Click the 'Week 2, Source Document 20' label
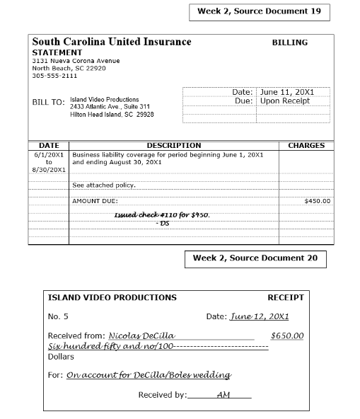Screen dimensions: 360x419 pos(255,258)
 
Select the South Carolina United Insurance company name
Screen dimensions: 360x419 pos(112,42)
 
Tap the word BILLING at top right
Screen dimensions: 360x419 pos(290,42)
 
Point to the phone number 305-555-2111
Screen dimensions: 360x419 pos(54,76)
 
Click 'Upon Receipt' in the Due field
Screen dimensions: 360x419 pos(285,101)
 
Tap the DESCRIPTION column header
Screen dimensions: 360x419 pos(173,146)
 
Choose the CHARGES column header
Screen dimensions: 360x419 pos(306,146)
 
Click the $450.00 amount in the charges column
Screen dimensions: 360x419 pos(317,201)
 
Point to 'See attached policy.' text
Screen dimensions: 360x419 pos(104,185)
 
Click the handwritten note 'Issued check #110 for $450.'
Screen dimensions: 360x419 pos(163,214)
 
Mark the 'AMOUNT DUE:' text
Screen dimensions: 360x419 pos(95,201)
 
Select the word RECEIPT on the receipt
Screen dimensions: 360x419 pos(285,297)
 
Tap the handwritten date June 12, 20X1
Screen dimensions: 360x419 pos(259,316)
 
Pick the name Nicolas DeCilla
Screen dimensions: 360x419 pos(141,335)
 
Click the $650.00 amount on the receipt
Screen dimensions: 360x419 pos(287,335)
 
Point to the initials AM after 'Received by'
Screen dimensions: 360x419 pos(223,394)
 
